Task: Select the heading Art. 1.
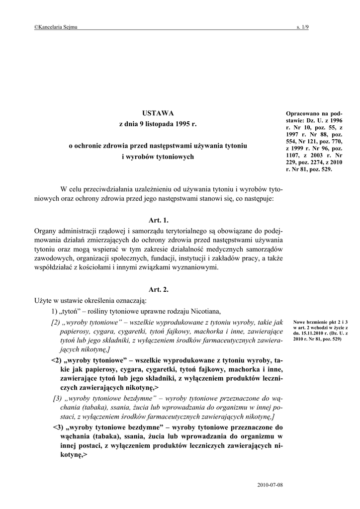point(159,220)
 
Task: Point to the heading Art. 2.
point(159,289)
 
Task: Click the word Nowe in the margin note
point(300,322)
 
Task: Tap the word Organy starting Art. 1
point(46,231)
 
